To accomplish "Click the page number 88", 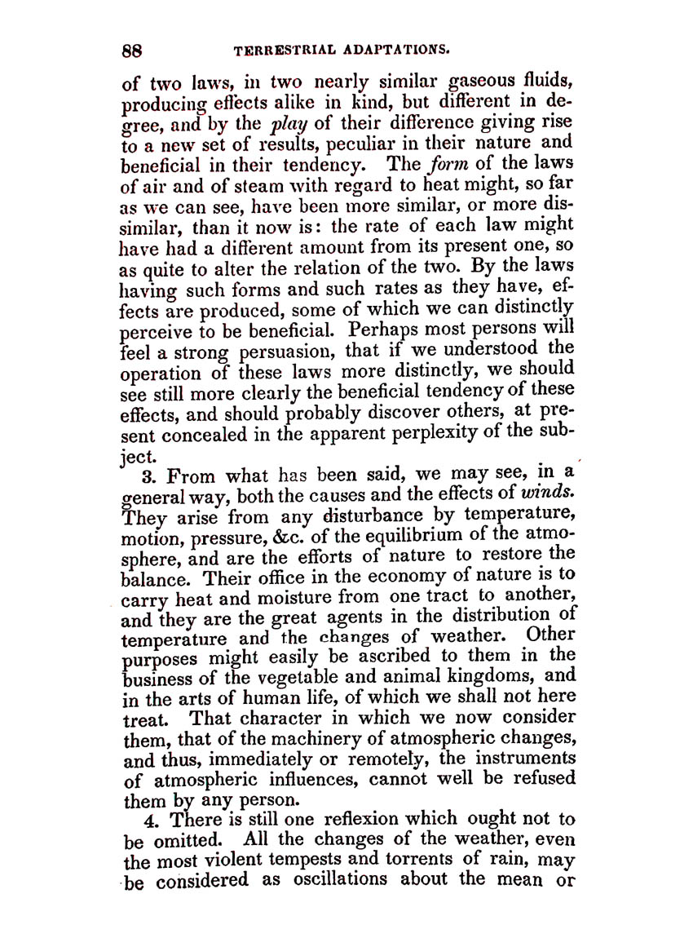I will tap(133, 50).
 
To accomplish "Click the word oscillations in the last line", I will tap(333, 881).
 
